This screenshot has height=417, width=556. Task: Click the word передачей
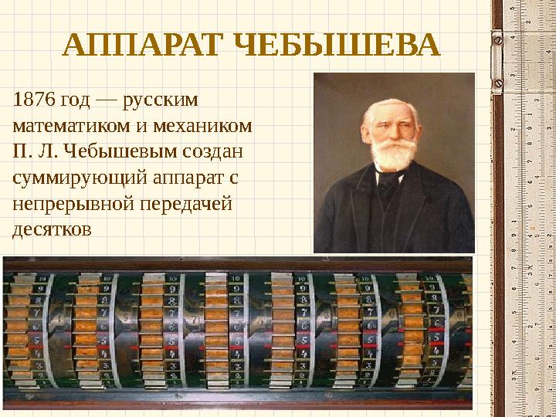pyautogui.click(x=182, y=204)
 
